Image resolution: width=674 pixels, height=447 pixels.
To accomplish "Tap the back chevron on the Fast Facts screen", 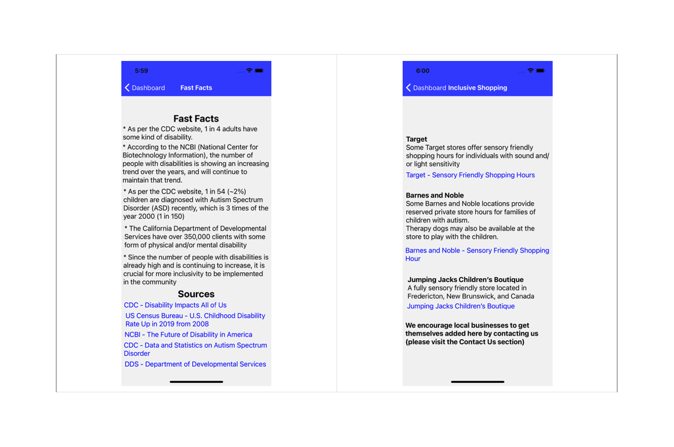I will point(127,88).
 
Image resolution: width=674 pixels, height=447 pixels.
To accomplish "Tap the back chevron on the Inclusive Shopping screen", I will point(408,88).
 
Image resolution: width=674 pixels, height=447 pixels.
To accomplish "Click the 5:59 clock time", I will point(141,71).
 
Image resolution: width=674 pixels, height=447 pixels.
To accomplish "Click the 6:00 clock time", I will point(422,71).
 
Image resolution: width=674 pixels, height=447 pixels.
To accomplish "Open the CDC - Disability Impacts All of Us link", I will point(175,305).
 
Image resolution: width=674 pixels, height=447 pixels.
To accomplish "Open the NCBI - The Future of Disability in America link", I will point(188,334).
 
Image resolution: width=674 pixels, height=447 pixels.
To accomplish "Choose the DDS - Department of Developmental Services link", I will point(195,364).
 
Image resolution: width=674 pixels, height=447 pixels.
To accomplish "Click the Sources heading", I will point(196,294).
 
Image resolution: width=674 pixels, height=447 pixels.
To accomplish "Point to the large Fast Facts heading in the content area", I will point(196,119).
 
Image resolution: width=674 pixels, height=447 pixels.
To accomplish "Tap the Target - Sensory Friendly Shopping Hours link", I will point(470,175).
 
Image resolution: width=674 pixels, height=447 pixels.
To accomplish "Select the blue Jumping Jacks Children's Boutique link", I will point(460,306).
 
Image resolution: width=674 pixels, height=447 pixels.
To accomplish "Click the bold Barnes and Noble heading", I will point(434,195).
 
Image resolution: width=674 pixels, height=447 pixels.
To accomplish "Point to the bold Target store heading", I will point(416,139).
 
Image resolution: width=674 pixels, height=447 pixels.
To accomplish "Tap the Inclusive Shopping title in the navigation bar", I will point(477,88).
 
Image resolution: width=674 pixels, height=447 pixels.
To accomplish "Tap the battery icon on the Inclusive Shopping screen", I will point(540,71).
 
